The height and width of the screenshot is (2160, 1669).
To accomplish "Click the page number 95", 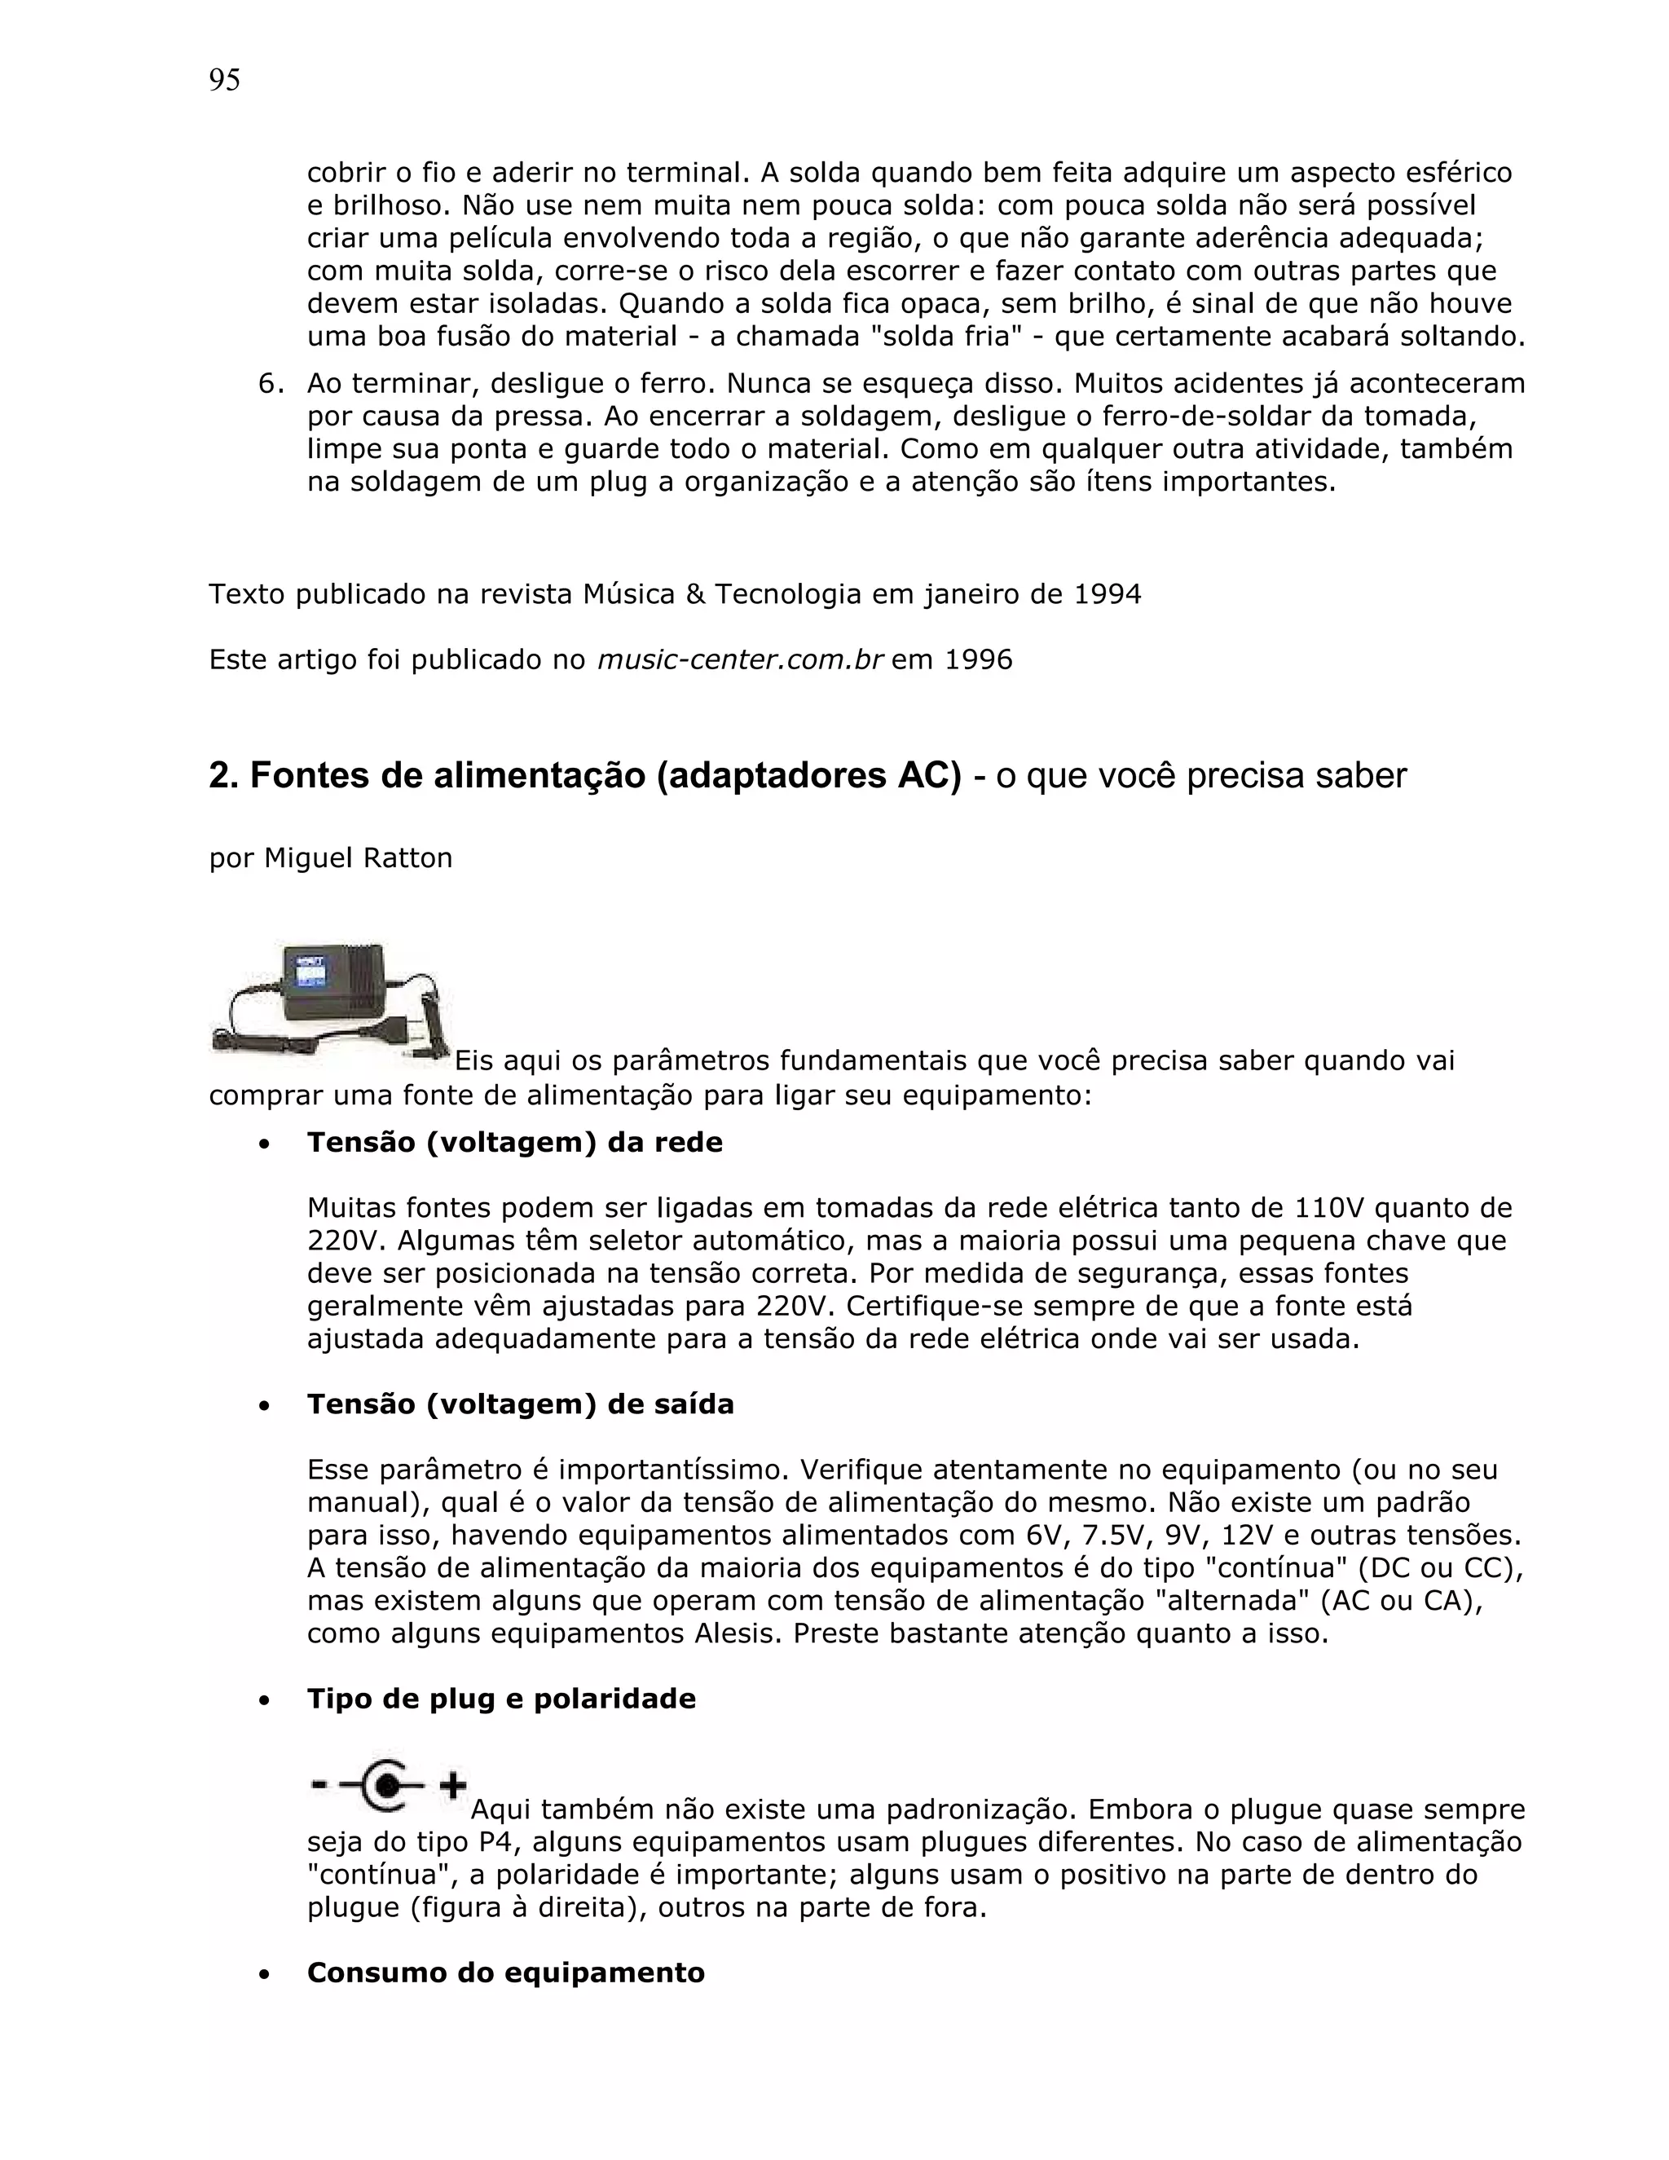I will pos(224,80).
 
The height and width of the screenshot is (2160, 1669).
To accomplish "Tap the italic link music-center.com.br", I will pos(740,659).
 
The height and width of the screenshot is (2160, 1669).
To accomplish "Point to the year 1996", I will pos(979,659).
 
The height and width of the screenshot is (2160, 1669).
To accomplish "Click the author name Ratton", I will pos(407,857).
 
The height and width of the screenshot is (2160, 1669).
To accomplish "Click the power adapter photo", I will pos(329,1002).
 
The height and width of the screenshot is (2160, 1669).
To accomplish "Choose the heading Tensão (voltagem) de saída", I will pos(520,1404).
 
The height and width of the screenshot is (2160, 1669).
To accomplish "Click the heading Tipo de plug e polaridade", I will pos(501,1699).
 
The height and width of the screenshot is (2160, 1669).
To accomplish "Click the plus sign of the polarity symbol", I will pos(453,1785).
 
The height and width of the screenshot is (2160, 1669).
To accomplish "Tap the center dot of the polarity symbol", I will pos(389,1785).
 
